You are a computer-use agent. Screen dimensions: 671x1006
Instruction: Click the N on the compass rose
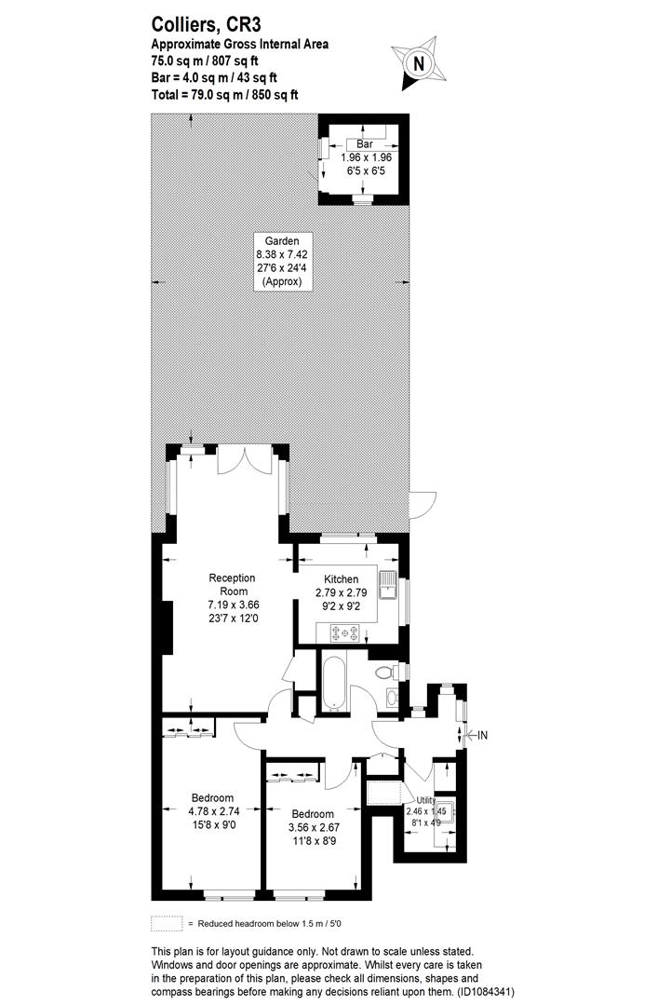[x=419, y=64]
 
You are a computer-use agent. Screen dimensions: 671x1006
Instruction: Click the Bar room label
[x=365, y=144]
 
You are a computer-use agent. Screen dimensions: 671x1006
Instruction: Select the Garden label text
[x=282, y=241]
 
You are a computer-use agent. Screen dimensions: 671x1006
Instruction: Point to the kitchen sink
[x=388, y=584]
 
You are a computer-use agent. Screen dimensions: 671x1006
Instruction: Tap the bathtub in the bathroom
[x=334, y=683]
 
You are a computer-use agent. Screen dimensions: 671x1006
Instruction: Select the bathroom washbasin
[x=392, y=698]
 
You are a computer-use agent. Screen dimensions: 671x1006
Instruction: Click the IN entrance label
[x=481, y=735]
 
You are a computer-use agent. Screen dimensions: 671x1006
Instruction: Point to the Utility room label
[x=426, y=800]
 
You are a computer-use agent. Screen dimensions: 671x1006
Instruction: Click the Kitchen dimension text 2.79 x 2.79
[x=341, y=592]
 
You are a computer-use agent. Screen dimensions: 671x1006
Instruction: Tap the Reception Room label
[x=233, y=584]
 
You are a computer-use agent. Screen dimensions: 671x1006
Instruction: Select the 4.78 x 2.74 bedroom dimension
[x=214, y=811]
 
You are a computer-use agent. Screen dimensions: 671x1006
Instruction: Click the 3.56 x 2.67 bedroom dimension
[x=314, y=828]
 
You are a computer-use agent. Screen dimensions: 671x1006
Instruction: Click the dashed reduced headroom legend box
[x=167, y=923]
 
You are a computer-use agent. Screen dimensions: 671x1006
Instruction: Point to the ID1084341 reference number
[x=486, y=991]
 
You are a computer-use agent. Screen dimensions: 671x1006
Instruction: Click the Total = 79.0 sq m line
[x=225, y=95]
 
